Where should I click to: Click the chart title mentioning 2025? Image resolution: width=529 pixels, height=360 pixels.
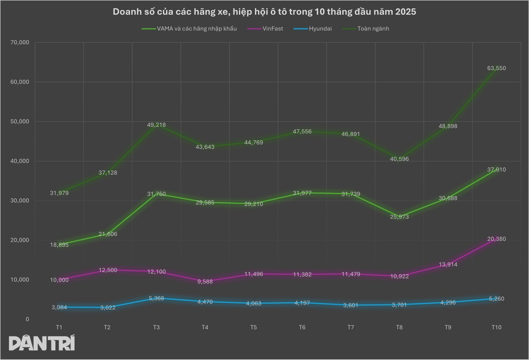264,11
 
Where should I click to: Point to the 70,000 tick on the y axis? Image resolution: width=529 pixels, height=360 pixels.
19,43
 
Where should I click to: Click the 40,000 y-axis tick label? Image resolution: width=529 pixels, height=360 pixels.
19,161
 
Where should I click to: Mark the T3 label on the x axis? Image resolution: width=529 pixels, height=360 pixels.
156,327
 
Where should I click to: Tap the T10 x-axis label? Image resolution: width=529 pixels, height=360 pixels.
496,327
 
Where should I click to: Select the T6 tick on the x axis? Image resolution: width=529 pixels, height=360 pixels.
302,327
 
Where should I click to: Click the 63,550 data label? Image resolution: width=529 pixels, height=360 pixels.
496,68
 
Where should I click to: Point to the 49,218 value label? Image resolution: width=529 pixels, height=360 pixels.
156,125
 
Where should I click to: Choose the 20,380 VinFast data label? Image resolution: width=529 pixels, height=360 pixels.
496,239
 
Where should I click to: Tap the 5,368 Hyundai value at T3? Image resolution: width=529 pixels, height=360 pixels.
156,298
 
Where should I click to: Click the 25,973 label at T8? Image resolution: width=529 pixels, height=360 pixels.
399,216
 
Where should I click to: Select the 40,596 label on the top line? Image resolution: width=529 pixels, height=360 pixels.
399,159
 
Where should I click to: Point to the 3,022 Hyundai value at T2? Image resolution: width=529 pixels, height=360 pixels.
107,308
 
